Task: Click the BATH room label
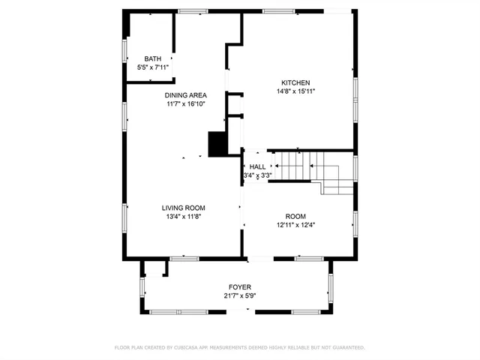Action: point(152,58)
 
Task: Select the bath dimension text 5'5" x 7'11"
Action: point(152,67)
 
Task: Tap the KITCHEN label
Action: point(295,82)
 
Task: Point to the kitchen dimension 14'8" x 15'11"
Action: point(295,91)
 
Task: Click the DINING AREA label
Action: point(186,95)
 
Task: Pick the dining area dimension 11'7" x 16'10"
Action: point(186,104)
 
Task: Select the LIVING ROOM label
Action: point(184,208)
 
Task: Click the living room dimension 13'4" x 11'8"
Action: point(184,217)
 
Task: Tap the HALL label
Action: point(257,166)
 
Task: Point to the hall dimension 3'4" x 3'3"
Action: point(257,175)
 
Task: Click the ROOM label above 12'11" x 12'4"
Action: point(295,215)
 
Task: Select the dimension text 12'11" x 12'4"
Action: point(295,224)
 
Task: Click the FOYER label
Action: point(240,287)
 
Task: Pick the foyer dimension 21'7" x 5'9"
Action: point(240,296)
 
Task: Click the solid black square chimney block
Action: point(217,143)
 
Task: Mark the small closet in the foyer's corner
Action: point(154,268)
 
